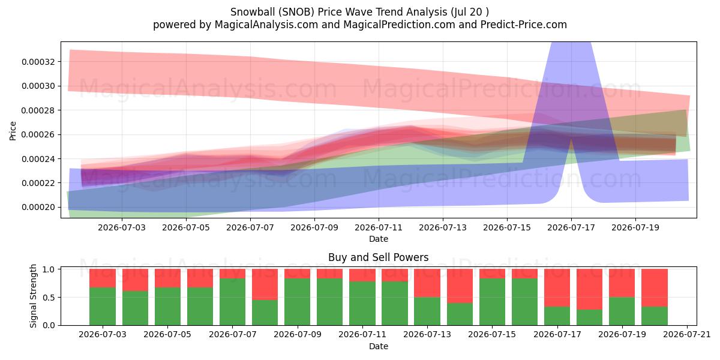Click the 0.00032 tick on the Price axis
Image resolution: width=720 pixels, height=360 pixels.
click(38, 62)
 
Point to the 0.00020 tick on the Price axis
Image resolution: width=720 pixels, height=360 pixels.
click(38, 208)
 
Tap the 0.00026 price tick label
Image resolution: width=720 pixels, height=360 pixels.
click(38, 134)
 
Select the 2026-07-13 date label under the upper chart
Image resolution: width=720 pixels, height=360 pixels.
click(443, 227)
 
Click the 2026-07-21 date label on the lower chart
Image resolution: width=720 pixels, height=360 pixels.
click(687, 334)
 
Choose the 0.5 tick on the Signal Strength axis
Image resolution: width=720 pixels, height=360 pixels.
click(49, 298)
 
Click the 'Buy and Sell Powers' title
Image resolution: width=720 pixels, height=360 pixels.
click(379, 257)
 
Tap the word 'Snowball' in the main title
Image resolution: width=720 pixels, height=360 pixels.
click(253, 12)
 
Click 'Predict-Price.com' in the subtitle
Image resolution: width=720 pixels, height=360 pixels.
click(524, 25)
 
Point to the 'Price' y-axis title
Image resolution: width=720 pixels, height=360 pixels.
click(13, 131)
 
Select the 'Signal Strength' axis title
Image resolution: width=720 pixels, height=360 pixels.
click(33, 296)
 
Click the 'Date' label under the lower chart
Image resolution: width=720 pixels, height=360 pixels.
click(379, 346)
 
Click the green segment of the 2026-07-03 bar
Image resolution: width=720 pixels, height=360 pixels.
click(103, 307)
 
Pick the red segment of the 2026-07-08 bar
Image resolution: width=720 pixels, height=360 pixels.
click(265, 284)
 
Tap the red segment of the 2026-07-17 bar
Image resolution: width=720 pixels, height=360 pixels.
click(557, 288)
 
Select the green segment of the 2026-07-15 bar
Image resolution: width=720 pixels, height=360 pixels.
click(492, 302)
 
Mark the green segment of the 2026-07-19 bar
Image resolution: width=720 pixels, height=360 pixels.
click(622, 311)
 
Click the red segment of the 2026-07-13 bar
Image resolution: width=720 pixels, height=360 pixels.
click(427, 283)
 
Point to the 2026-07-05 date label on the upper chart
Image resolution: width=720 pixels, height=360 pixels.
click(186, 227)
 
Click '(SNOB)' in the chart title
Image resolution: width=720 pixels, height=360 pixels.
click(296, 12)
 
